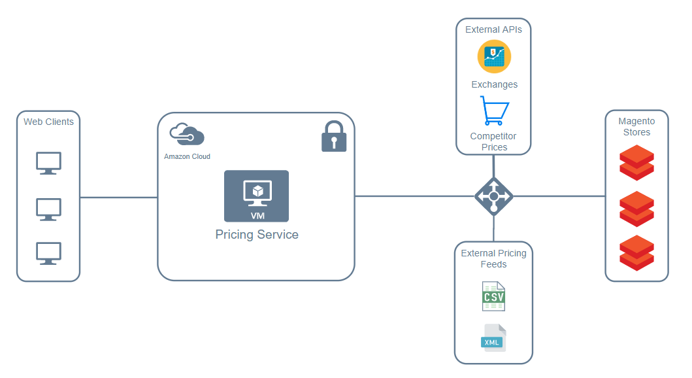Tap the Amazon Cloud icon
point(187,135)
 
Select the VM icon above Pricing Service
point(256,196)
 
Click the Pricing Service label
point(257,235)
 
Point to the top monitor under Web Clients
point(48,163)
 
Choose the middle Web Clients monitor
point(48,209)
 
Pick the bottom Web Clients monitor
point(48,253)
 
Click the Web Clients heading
point(48,122)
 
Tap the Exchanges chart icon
point(494,56)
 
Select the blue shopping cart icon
point(494,111)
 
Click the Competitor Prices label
point(493,142)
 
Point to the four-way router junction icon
point(493,196)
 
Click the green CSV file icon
point(493,296)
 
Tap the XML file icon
point(493,338)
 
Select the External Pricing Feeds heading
point(493,258)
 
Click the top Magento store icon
point(636,162)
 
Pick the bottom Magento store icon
point(636,252)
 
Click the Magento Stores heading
point(636,126)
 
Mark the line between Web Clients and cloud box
point(118,197)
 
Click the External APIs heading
point(493,29)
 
